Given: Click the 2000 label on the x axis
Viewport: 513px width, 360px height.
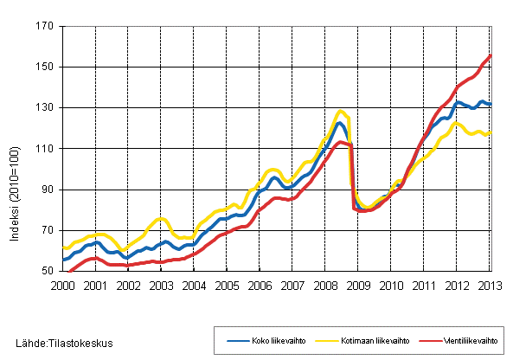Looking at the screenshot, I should [61, 284].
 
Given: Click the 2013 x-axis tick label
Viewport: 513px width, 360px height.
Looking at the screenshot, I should [490, 284].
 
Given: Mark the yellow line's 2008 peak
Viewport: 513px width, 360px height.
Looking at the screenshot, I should [341, 111].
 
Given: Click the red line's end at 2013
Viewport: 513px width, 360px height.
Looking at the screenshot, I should [491, 56].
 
